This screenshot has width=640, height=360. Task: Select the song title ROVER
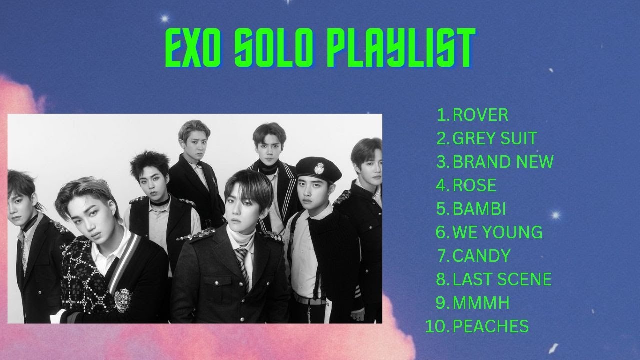point(480,115)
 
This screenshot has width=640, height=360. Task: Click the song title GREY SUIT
point(495,138)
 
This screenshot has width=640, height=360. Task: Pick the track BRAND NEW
point(503,162)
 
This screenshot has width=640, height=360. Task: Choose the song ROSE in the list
point(474,185)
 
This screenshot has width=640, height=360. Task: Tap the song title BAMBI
point(479,209)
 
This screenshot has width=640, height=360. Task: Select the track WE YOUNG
point(497,232)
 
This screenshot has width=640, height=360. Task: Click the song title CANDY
point(481,256)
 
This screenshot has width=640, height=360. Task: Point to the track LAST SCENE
point(502,279)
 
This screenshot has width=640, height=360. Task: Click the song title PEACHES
point(490,326)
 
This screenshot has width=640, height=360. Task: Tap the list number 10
point(436,326)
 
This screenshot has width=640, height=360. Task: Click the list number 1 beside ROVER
point(443,115)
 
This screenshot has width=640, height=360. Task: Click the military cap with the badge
point(318,170)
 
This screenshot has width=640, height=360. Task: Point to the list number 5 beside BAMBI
point(442,209)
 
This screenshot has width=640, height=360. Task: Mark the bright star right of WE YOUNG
point(556,216)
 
